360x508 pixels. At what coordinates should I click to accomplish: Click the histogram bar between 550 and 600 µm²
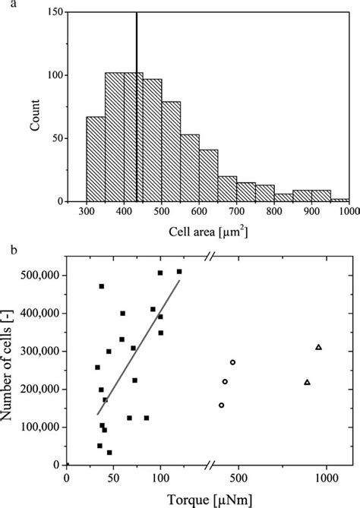coord(190,168)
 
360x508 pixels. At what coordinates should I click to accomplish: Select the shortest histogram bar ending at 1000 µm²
coord(339,200)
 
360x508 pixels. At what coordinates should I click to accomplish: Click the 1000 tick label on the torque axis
coord(326,479)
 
